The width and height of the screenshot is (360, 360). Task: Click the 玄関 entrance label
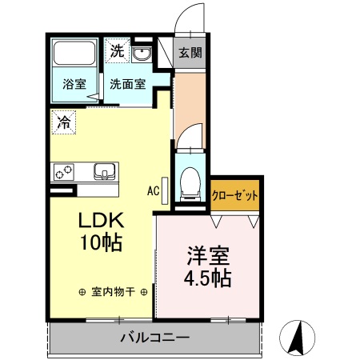coord(190,54)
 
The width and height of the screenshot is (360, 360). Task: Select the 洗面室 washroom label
coord(127,82)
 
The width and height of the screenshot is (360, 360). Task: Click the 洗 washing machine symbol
coord(117,53)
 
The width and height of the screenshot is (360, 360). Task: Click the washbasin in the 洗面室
coord(143,54)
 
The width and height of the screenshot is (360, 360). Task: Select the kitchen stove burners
coord(63,171)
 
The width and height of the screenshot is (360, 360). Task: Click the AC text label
coord(153,190)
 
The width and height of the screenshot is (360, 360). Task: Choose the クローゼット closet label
coord(235,194)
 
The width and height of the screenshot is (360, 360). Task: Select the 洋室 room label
coord(209,257)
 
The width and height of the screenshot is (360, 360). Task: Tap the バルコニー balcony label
coord(154,337)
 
